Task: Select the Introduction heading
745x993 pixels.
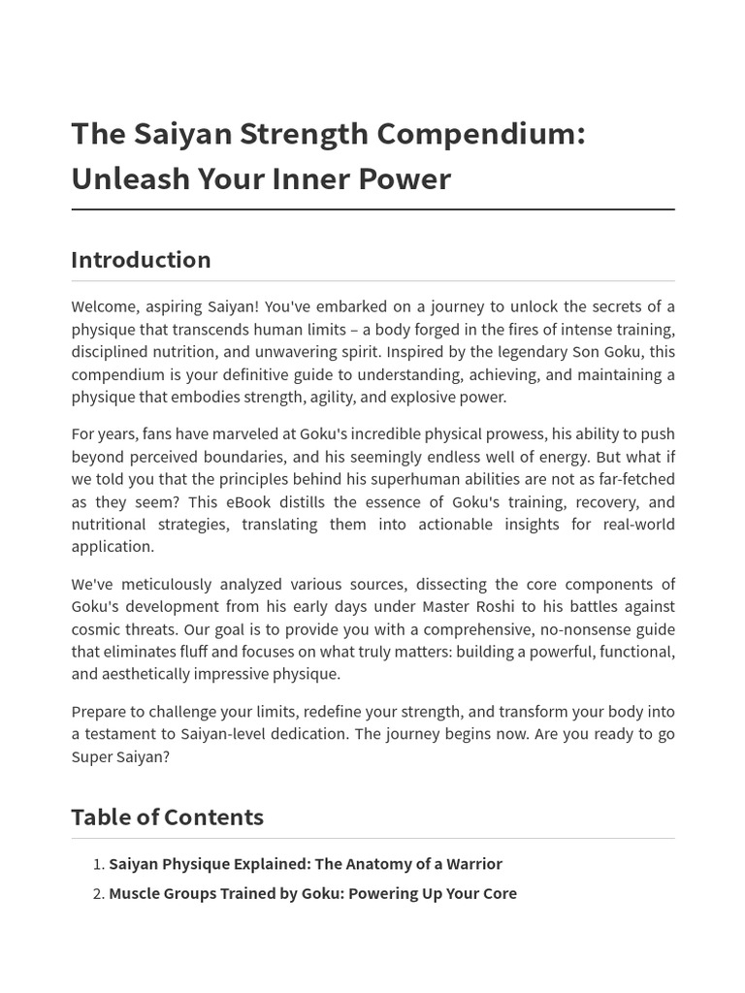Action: pos(141,260)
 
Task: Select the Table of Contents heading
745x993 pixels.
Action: pos(167,817)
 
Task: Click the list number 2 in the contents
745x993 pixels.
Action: pos(98,893)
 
